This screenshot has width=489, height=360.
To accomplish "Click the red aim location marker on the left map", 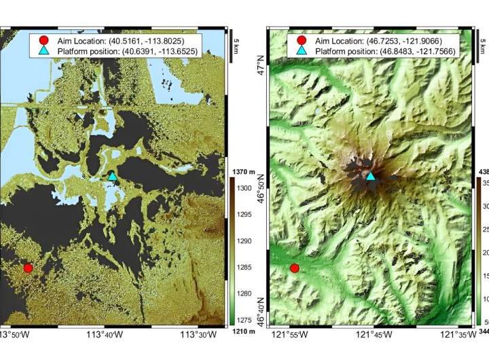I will coord(28,268).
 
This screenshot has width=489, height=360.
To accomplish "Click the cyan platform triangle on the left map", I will coord(113,176).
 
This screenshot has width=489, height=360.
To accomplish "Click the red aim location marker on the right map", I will coord(295,268).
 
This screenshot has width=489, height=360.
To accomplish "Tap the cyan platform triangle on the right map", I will coord(371,176).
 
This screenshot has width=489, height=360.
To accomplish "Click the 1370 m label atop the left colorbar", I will coord(242,172).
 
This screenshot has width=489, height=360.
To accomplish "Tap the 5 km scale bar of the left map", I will coord(231,46).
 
